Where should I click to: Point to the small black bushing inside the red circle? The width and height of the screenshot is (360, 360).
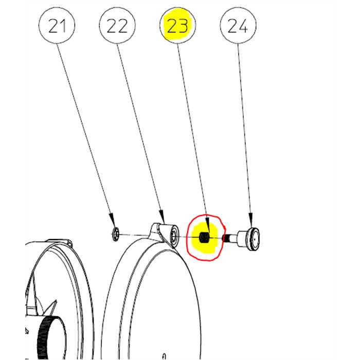coord(204,238)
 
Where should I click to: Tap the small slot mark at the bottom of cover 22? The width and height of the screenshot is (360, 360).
coord(163,354)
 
